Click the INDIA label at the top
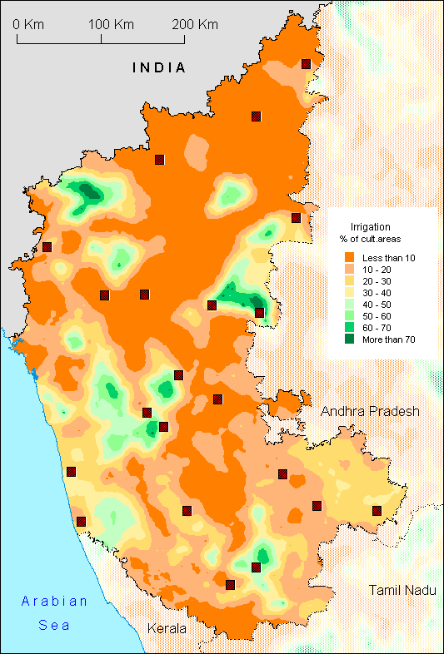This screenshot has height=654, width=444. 158,68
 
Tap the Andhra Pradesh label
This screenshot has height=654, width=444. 372,412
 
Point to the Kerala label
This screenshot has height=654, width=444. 167,628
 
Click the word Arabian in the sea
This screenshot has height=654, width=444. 54,602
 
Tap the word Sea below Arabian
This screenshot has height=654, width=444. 54,625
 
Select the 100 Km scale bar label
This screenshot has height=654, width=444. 106,24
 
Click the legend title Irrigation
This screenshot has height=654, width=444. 370,226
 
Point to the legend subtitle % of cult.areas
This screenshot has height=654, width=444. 372,240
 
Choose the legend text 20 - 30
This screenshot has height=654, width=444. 376,281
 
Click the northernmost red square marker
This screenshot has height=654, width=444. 307,63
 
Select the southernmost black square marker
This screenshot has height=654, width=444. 230,584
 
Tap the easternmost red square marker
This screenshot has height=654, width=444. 377,510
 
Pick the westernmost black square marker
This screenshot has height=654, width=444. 47,246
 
